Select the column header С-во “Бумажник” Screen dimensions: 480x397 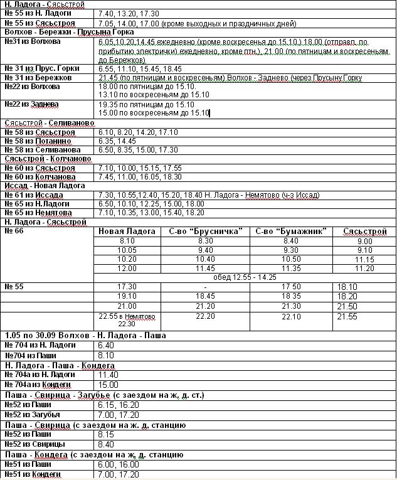(x=292, y=232)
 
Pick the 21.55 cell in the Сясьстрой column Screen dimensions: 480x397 (x=347, y=317)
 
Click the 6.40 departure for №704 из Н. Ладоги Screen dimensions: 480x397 (x=107, y=345)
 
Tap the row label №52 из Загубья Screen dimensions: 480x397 (x=32, y=415)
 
